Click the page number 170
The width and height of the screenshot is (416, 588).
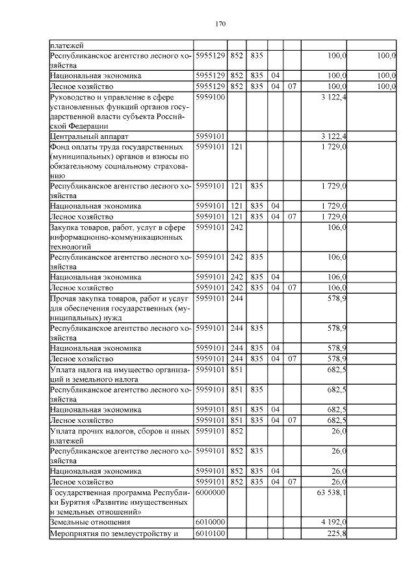pos(220,24)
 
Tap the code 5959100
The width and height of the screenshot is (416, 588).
pos(210,97)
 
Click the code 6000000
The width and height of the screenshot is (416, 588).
pos(210,493)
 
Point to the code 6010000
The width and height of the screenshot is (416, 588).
pos(210,522)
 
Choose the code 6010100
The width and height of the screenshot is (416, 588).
pos(210,533)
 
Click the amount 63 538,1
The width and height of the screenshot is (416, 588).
pos(331,493)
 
